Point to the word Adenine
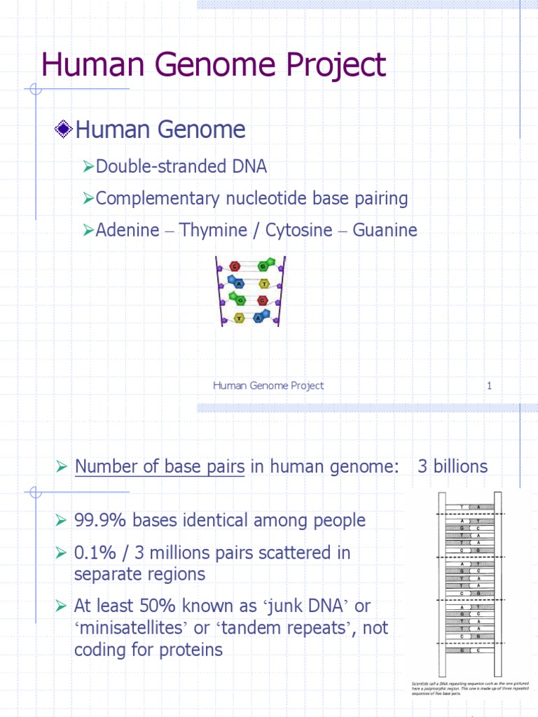tap(127, 230)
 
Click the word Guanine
tap(385, 230)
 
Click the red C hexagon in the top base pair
tap(235, 266)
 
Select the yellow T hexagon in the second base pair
tap(264, 284)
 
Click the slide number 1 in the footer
tap(490, 386)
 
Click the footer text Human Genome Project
tap(268, 386)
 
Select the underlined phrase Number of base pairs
tap(160, 466)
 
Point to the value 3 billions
tap(453, 466)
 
